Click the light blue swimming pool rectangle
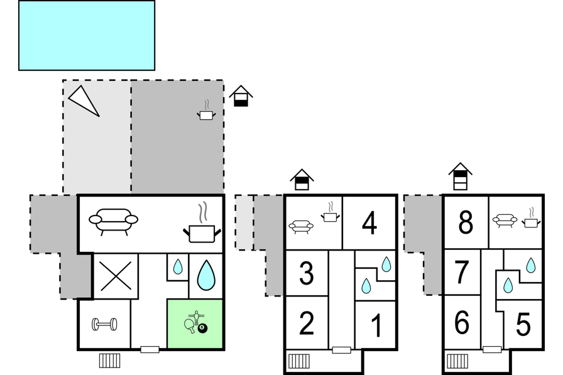(x=87, y=35)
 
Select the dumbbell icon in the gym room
(x=104, y=324)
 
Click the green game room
(x=195, y=323)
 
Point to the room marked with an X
(x=116, y=276)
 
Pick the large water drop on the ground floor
(x=206, y=275)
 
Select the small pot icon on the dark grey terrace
(x=206, y=111)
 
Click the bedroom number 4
(x=369, y=223)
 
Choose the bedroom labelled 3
(x=307, y=273)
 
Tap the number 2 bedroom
(x=307, y=323)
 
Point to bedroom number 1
(x=376, y=325)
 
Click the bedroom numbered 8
(x=466, y=222)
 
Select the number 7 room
(x=462, y=273)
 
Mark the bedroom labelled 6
(x=462, y=322)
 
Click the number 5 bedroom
(x=523, y=324)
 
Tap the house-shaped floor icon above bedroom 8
(x=461, y=177)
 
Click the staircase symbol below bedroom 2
(x=298, y=361)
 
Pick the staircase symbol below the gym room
(x=109, y=361)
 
